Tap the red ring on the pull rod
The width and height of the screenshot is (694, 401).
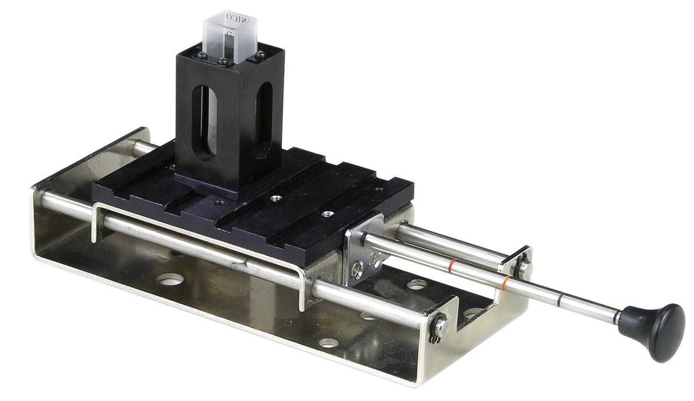pyautogui.click(x=452, y=265)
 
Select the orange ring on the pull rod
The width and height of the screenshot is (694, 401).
pyautogui.click(x=506, y=281)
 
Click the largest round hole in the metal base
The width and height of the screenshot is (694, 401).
pyautogui.click(x=171, y=280)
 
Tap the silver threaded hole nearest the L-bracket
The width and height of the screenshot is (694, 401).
pyautogui.click(x=327, y=214)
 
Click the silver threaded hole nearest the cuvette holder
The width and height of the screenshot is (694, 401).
pyautogui.click(x=274, y=198)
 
